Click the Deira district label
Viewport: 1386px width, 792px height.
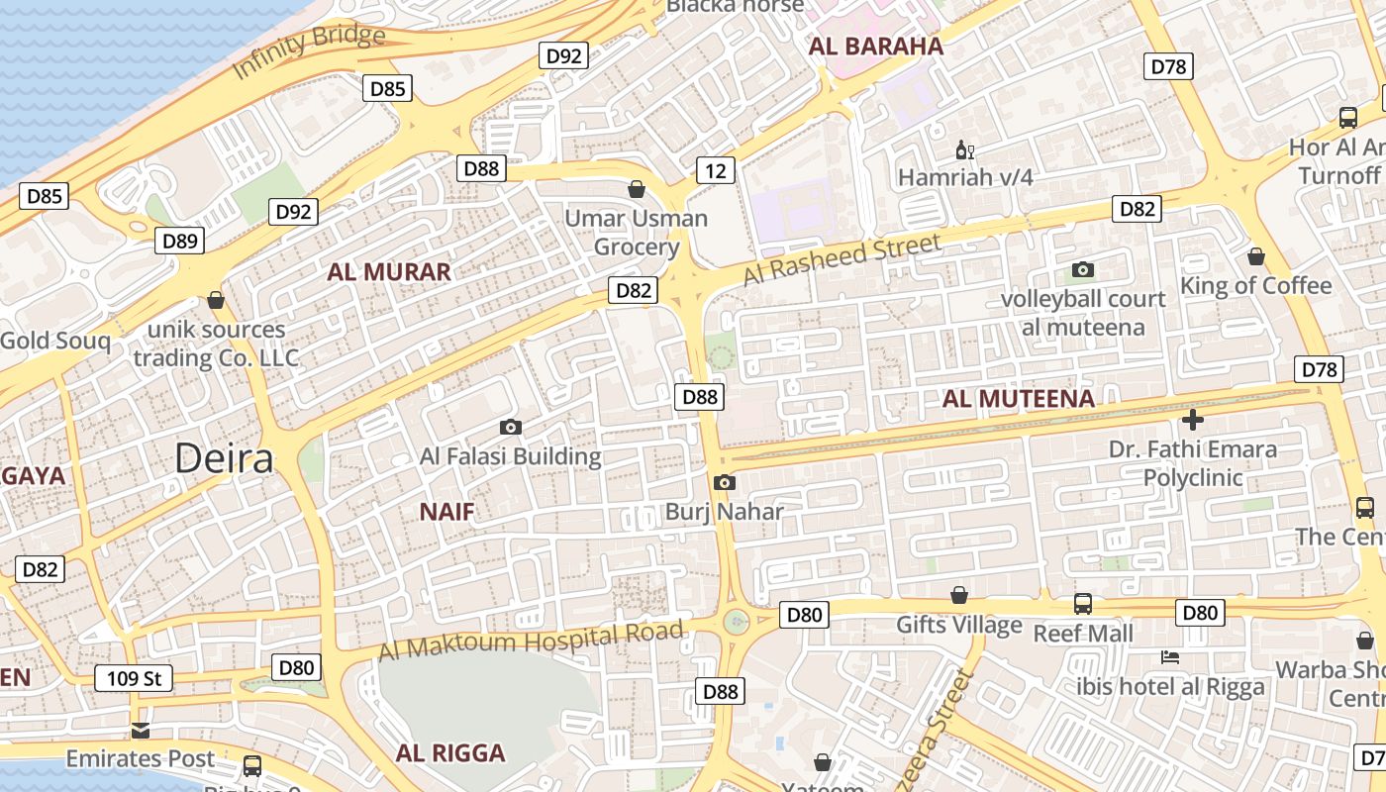(224, 459)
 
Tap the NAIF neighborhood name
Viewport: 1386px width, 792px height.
(446, 512)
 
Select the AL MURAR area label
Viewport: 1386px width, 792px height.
(389, 272)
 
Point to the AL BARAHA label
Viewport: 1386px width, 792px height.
(876, 47)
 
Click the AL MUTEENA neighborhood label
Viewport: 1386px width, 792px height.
(1019, 399)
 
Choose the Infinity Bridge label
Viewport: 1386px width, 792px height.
(309, 51)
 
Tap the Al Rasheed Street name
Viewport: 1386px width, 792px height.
(841, 259)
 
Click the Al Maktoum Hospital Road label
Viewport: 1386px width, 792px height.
(532, 641)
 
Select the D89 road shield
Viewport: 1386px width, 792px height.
(180, 241)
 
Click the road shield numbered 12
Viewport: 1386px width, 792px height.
(716, 170)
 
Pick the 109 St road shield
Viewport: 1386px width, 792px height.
(134, 678)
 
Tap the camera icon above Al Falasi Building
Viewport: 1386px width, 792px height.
(511, 428)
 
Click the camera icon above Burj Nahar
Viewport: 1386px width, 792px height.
(725, 483)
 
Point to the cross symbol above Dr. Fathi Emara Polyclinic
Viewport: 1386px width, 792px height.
(1193, 420)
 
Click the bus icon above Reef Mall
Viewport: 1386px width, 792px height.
(1083, 603)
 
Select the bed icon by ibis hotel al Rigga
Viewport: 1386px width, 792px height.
(1170, 657)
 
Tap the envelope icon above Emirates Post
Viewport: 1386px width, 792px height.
(141, 731)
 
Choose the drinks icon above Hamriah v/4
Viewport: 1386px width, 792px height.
(965, 150)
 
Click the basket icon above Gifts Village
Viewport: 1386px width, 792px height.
(959, 595)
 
